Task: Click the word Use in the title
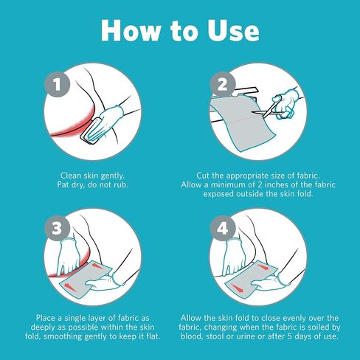click(233, 30)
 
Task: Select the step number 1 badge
click(58, 84)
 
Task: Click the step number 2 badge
click(223, 84)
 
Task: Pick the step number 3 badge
click(58, 228)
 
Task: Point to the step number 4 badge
click(223, 228)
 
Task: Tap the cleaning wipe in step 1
click(91, 131)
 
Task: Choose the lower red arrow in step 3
click(69, 286)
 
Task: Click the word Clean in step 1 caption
click(71, 176)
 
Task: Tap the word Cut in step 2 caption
click(203, 176)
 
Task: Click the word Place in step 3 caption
click(46, 318)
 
